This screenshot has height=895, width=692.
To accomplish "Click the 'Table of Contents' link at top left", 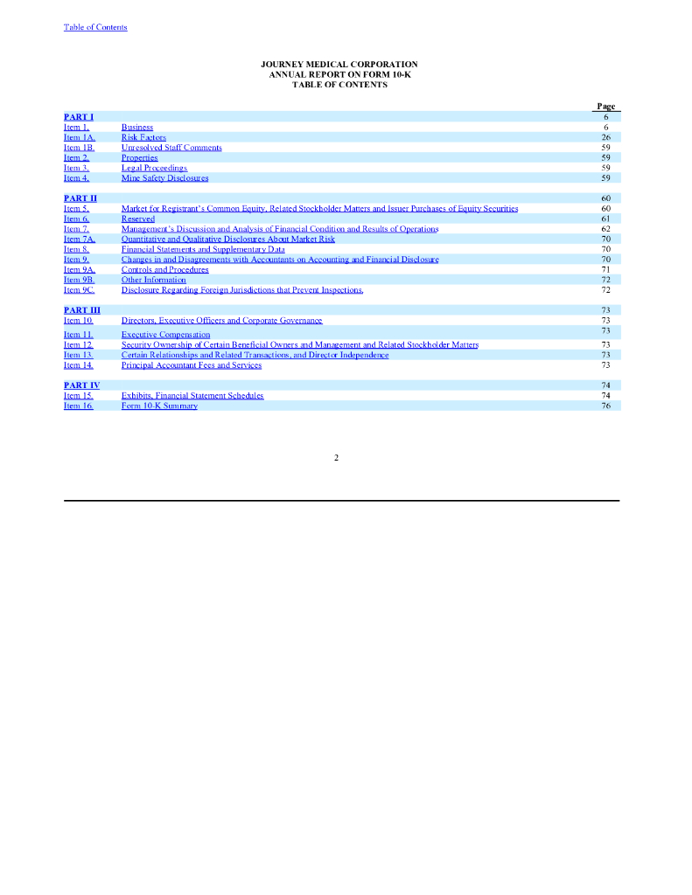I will click(x=95, y=27).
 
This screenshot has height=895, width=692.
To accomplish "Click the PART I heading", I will click(x=79, y=116).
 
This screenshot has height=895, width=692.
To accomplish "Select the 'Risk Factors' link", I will click(x=143, y=137).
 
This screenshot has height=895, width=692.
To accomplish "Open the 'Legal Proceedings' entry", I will click(x=154, y=168).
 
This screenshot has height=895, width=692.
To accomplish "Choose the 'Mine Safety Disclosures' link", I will click(x=164, y=178).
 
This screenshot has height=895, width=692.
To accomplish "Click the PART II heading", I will click(x=80, y=198).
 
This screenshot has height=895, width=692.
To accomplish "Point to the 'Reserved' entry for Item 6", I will click(x=138, y=219).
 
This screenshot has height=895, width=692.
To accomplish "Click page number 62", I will click(x=605, y=229).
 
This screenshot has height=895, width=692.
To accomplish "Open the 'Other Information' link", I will click(x=153, y=280).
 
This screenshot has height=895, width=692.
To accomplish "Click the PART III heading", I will click(x=82, y=310).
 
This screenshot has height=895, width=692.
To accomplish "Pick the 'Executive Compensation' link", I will click(x=165, y=335).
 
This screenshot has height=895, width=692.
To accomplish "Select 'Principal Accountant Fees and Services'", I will click(x=191, y=365).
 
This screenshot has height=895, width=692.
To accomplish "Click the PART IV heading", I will click(x=81, y=385).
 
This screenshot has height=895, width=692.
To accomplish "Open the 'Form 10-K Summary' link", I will click(x=159, y=406).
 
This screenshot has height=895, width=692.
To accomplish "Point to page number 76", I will click(x=605, y=406).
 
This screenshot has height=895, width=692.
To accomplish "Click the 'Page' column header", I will click(x=605, y=107).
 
